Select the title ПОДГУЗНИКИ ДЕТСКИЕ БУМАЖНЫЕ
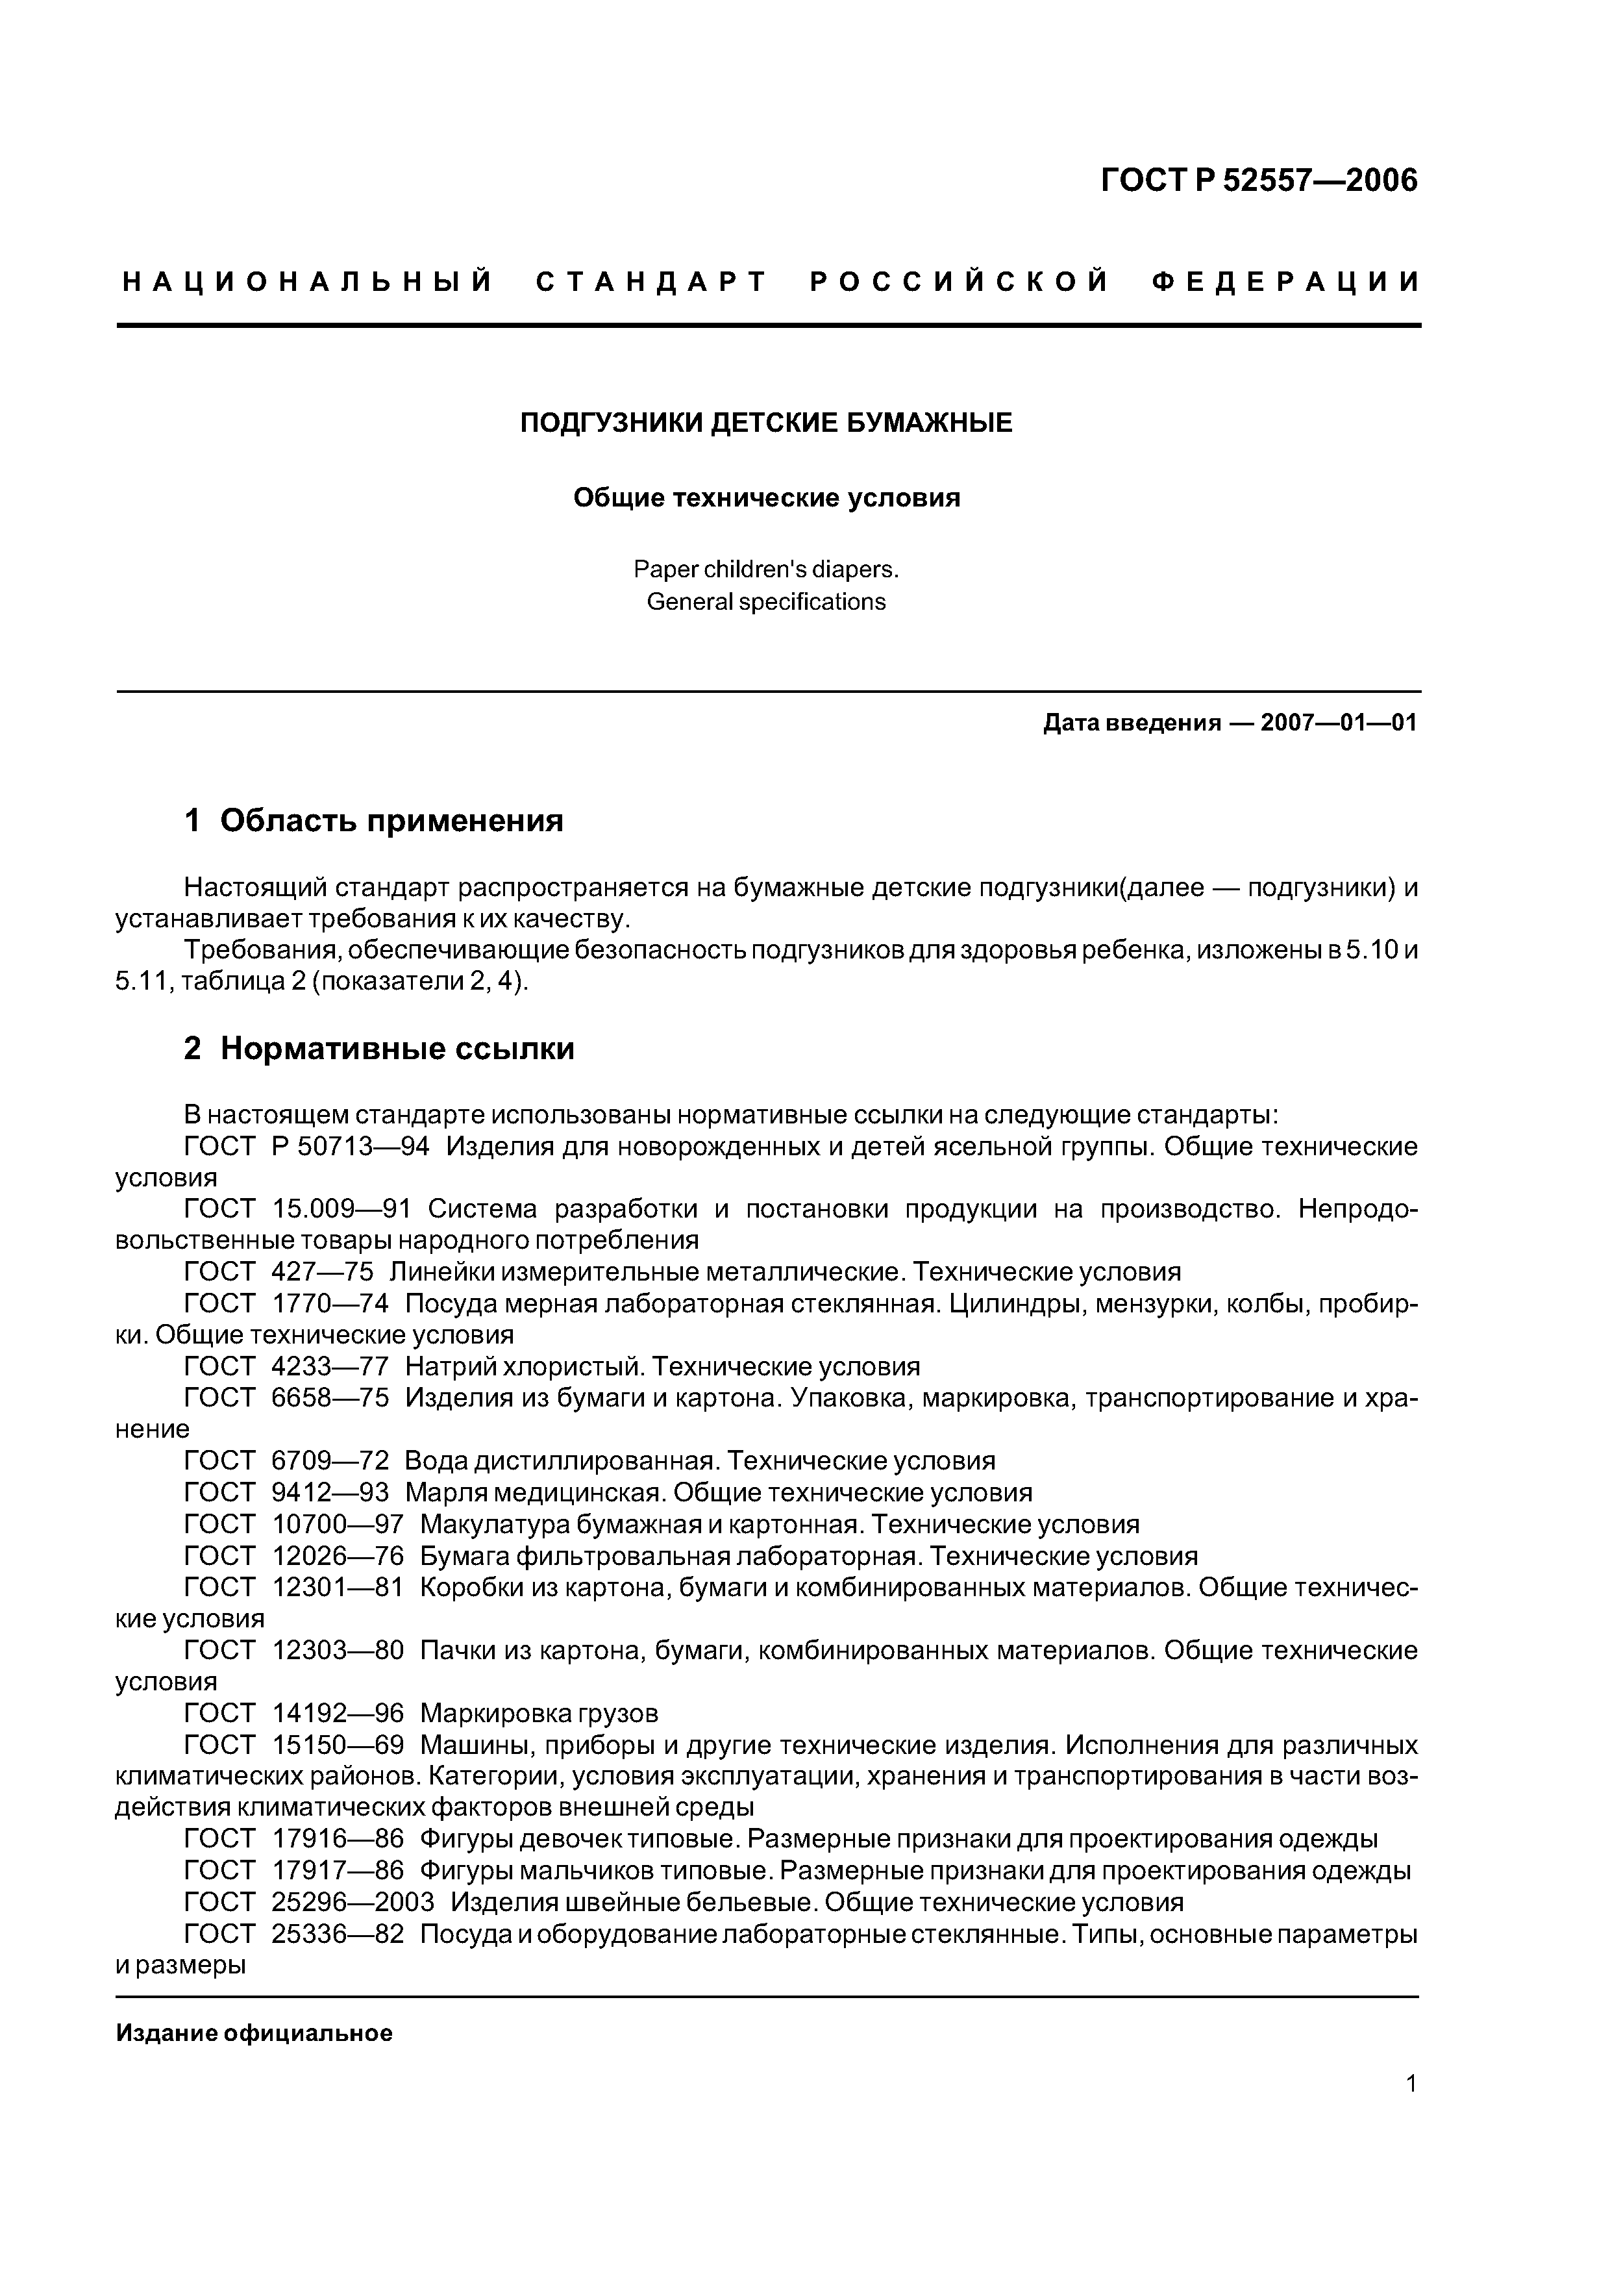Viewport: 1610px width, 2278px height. click(766, 423)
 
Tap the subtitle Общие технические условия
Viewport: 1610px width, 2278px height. click(766, 498)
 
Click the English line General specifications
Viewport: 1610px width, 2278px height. click(766, 602)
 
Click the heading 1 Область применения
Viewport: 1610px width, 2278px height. click(373, 821)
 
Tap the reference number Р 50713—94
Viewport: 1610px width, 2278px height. click(350, 1147)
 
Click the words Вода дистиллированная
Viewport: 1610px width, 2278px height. click(560, 1460)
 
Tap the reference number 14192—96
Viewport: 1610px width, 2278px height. click(338, 1714)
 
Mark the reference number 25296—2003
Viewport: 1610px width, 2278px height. click(352, 1902)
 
